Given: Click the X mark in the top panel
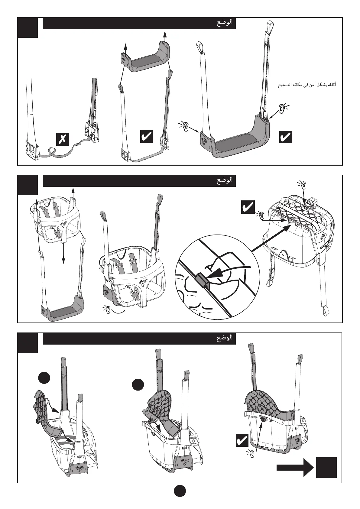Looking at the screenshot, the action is [x=63, y=139].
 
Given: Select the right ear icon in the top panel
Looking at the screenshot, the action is [x=282, y=108].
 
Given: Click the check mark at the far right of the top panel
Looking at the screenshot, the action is [x=285, y=137].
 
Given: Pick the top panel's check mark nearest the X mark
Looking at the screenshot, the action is [x=147, y=136].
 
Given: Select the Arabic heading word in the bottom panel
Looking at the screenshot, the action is [x=225, y=338].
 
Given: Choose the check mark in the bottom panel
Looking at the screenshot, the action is [x=242, y=441].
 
